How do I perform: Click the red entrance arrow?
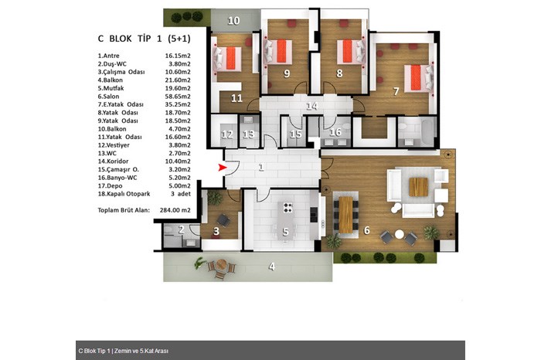[x=223, y=168]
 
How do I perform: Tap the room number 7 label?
[x=396, y=91]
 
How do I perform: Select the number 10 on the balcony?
[x=233, y=21]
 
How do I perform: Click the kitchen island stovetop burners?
[x=288, y=208]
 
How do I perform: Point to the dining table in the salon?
[x=345, y=215]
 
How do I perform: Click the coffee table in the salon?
[x=419, y=186]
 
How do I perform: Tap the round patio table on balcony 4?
[x=222, y=265]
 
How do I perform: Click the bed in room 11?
[x=227, y=59]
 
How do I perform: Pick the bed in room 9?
[x=278, y=51]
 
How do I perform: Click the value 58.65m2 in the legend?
[x=178, y=97]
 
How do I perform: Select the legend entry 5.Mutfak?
[x=111, y=88]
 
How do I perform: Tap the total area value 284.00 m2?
[x=175, y=210]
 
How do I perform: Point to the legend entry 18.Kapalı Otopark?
[x=124, y=194]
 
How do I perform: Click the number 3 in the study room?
[x=216, y=231]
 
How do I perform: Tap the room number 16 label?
[x=335, y=132]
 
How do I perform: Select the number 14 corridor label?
[x=312, y=106]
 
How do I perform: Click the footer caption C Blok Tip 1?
[x=94, y=351]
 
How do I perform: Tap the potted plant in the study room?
[x=215, y=198]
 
